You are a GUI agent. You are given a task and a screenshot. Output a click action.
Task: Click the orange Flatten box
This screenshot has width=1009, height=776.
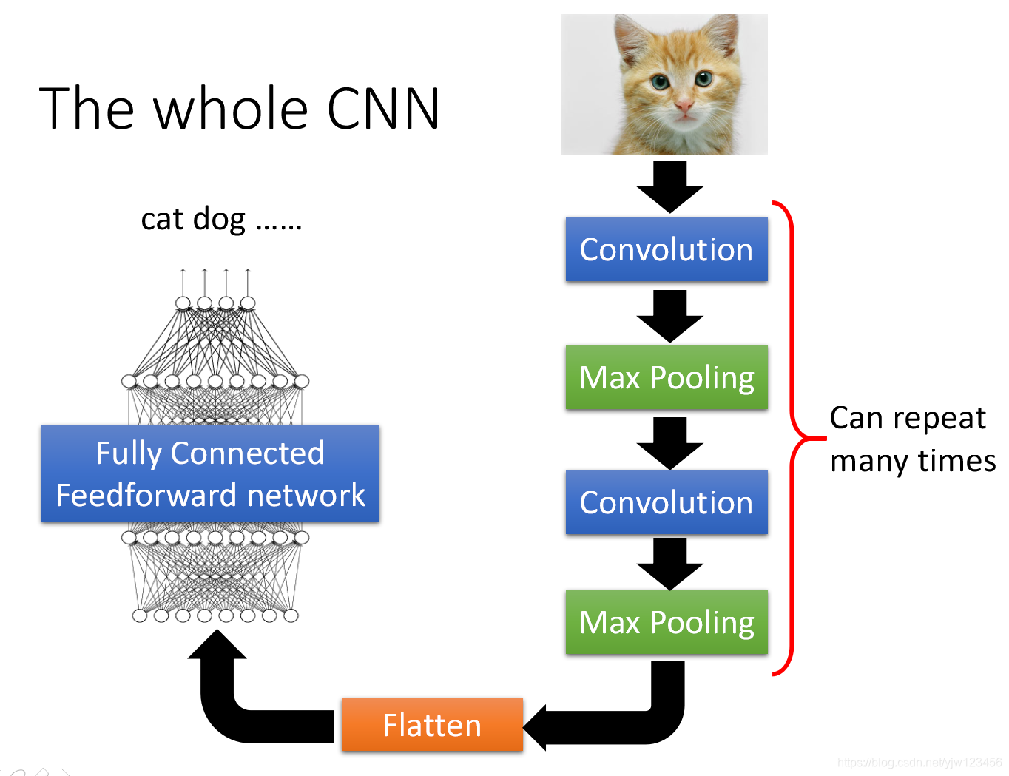[432, 724]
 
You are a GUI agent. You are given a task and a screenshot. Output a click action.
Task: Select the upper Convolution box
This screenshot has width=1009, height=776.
[667, 249]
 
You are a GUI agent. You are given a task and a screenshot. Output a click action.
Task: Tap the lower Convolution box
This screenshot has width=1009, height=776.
[667, 502]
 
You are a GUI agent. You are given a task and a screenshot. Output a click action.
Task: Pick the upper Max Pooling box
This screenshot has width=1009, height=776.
[667, 377]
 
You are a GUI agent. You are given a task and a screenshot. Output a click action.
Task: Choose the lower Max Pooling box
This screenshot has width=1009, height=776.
[667, 621]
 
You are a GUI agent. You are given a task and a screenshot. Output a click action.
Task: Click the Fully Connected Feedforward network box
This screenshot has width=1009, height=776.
[210, 473]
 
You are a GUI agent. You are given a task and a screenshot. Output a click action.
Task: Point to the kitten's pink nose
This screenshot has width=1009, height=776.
[684, 106]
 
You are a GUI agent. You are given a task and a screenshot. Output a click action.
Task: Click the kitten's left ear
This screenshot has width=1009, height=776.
[632, 39]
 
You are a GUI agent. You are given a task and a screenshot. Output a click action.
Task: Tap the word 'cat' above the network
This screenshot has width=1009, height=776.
[162, 219]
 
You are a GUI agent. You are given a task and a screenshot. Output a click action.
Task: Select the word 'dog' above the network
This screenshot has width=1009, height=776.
[219, 219]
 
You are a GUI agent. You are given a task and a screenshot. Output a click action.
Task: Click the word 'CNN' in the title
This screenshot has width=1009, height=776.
[383, 108]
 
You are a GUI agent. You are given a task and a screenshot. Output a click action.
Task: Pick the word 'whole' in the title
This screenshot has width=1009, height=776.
[231, 108]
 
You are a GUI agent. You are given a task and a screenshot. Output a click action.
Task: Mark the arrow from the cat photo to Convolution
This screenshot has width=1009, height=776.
[669, 186]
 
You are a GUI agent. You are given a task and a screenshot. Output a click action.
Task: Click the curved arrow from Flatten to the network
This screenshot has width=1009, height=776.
[223, 710]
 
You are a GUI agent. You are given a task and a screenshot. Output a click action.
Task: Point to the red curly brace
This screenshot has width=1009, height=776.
[792, 436]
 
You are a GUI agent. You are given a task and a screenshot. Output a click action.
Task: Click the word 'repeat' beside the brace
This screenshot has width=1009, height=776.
[939, 419]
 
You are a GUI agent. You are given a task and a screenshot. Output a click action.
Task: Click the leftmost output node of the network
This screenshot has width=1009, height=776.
[183, 303]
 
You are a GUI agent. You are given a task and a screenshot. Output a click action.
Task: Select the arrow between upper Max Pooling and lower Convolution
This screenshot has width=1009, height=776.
[669, 443]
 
